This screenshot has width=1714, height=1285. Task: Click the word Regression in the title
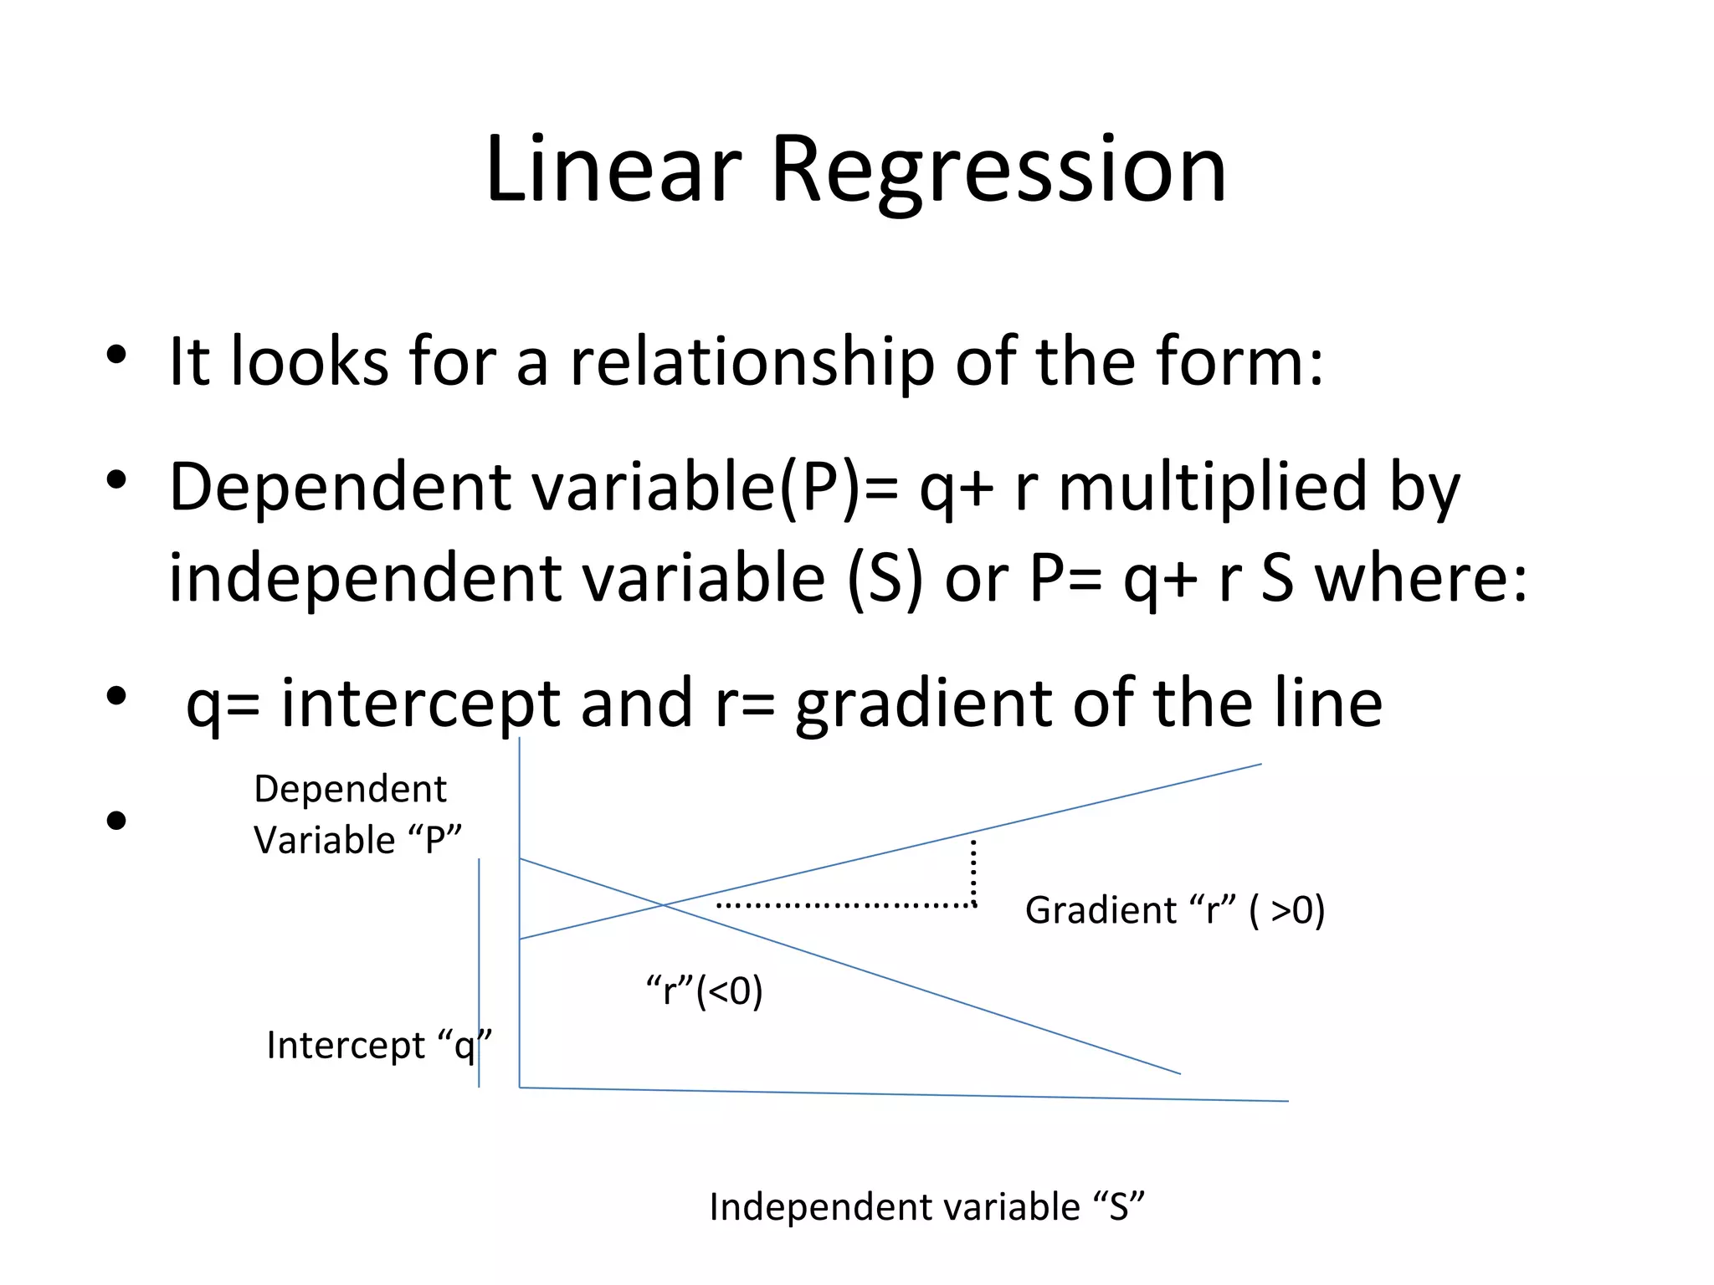pos(998,172)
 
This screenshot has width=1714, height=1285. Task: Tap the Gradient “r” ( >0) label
pos(1174,910)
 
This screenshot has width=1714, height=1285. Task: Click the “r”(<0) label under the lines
pos(704,991)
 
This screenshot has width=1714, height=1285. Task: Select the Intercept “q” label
pos(378,1046)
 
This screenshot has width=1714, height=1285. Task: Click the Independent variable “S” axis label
pos(926,1207)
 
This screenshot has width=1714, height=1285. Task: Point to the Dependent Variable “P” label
pos(357,814)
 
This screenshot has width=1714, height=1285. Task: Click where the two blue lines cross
pos(664,904)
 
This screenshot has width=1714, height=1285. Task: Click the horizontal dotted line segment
pos(845,905)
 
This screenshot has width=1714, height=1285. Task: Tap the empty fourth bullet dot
pos(116,821)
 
